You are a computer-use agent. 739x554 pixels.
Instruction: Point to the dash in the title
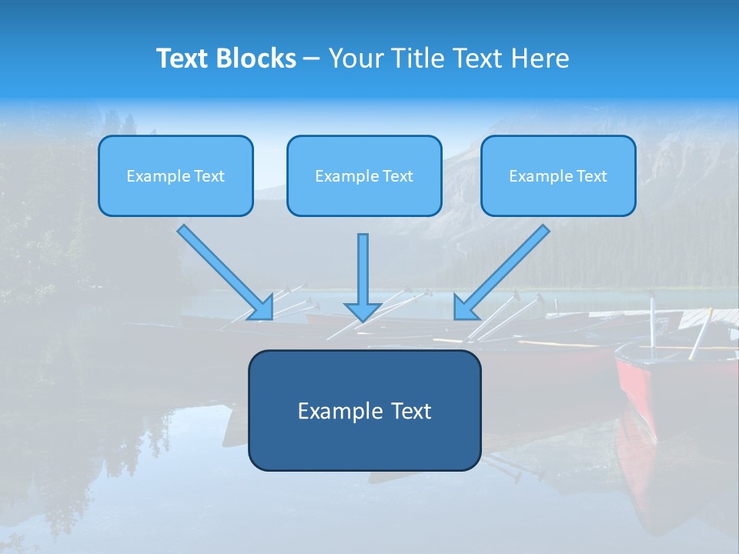coord(312,58)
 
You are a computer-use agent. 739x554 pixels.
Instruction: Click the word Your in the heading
coord(356,58)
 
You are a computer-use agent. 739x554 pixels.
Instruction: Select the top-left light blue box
coord(176,175)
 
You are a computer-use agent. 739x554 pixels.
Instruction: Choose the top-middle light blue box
coord(364,175)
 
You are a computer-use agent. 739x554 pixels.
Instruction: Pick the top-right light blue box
coord(558,175)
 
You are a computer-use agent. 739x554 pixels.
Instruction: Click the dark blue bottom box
coord(364,410)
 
